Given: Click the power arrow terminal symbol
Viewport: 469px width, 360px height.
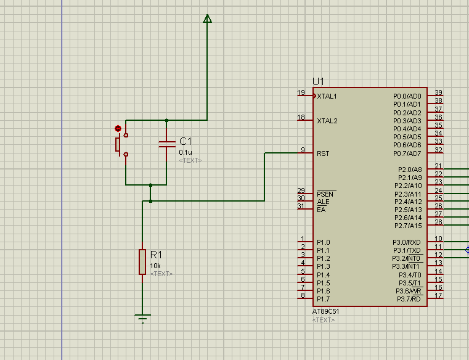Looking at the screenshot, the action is point(207,18).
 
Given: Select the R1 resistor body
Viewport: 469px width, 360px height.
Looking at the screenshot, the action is point(142,262).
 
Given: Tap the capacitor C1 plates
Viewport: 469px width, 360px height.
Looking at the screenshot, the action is point(167,144).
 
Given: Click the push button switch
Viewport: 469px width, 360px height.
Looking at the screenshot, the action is point(122,145).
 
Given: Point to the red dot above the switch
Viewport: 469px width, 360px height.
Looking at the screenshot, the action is point(118,129).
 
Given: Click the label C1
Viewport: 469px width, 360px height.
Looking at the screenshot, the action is point(186,141).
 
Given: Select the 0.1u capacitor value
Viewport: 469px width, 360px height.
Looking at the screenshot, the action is point(186,152).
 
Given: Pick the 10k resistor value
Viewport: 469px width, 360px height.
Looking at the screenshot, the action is point(155,266).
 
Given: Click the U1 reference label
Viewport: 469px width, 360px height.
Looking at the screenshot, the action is point(318,81).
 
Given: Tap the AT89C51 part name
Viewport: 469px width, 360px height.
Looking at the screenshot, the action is point(325,311).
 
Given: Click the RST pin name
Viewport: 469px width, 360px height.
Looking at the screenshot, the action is point(323,153).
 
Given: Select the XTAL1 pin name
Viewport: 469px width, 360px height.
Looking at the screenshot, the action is point(327,96).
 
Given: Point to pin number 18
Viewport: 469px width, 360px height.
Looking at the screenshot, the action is point(301,117).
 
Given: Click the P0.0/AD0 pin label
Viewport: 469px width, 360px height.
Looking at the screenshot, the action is point(407,96).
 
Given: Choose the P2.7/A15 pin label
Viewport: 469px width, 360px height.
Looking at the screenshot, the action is point(408,226).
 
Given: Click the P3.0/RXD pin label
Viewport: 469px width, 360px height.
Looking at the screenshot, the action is point(407,242).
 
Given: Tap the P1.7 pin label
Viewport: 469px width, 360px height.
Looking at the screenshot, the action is point(324,299).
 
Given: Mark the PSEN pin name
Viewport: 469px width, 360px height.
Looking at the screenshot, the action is point(325,194).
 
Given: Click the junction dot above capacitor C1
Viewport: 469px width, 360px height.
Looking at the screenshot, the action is point(166,120).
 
